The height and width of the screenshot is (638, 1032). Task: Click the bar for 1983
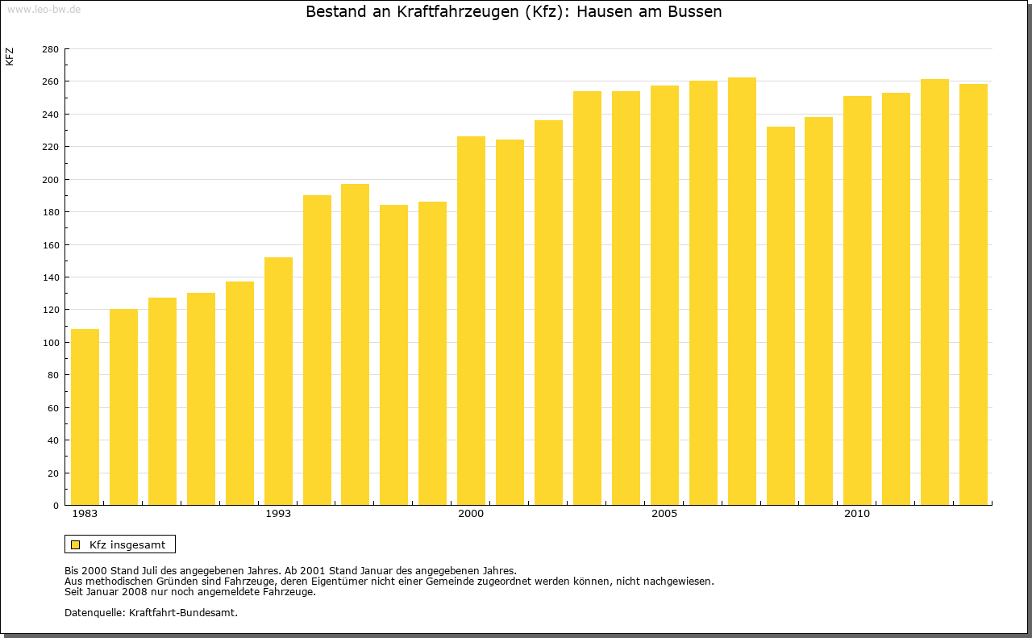[85, 417]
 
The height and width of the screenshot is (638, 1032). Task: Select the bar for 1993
[278, 381]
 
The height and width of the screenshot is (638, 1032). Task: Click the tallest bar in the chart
[742, 291]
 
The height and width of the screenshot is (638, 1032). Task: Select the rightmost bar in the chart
[973, 294]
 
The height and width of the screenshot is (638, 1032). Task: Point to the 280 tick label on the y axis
[50, 49]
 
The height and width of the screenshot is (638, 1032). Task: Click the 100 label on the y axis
[50, 343]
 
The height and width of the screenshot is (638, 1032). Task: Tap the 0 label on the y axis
[55, 506]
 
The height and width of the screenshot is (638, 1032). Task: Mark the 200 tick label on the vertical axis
[50, 180]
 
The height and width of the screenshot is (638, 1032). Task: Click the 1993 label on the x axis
[278, 514]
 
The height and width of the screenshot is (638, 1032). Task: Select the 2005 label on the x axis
[664, 514]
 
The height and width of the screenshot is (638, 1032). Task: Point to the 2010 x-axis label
[857, 514]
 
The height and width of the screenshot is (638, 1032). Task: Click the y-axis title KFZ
[10, 56]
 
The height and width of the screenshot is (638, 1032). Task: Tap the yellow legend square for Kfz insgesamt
[75, 544]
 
